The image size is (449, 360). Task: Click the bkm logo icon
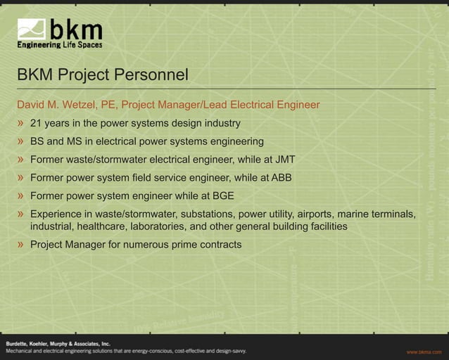32,29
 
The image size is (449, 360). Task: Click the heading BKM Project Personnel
103,75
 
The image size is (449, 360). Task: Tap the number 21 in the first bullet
36,124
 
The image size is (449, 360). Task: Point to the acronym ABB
282,177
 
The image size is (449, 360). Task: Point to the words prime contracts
203,245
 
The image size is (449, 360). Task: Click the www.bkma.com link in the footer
423,351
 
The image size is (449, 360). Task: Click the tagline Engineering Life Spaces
60,45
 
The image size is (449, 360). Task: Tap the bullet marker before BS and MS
21,141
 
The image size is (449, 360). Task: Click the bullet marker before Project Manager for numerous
21,245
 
